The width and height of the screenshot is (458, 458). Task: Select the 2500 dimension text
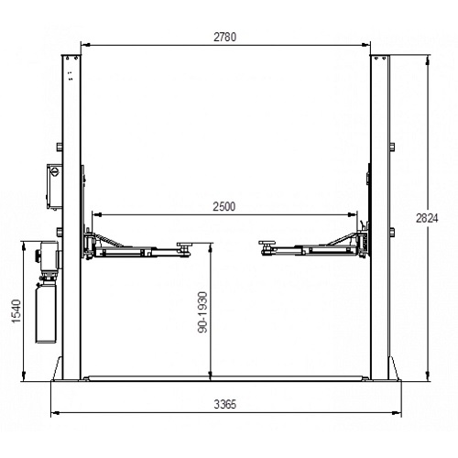point(224,206)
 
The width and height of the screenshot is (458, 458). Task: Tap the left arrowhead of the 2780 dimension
point(85,43)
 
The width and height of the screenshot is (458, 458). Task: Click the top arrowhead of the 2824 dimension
point(428,58)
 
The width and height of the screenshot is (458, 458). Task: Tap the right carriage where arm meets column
point(363,240)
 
